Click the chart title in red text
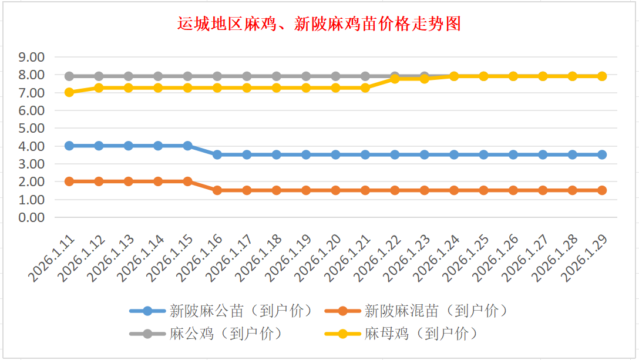(x=319, y=23)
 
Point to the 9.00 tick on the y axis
(x=32, y=58)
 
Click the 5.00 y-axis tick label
(x=32, y=129)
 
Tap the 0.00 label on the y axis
(x=32, y=217)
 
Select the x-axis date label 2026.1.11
(x=54, y=258)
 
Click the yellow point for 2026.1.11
(x=69, y=92)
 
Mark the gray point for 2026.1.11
(x=69, y=76)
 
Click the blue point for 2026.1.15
(x=188, y=146)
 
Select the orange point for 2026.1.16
(x=217, y=190)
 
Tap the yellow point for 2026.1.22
(x=395, y=79)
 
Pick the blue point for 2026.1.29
(x=601, y=154)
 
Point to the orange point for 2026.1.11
(x=69, y=181)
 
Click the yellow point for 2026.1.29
(x=601, y=76)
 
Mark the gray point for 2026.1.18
(x=277, y=76)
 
